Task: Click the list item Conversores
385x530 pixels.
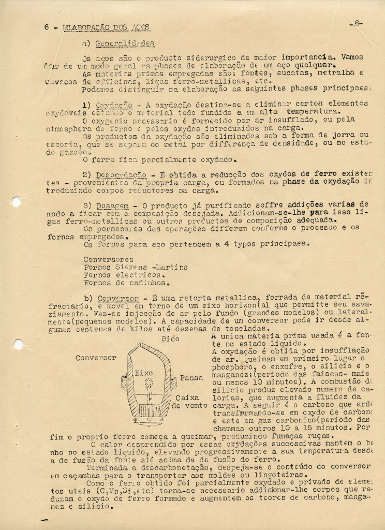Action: click(x=108, y=259)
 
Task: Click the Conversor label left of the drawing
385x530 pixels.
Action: click(x=96, y=358)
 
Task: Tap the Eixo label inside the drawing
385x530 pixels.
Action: click(x=143, y=373)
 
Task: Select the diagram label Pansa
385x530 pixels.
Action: click(x=191, y=378)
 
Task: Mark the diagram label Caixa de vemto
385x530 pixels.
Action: click(x=191, y=402)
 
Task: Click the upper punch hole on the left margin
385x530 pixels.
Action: click(x=16, y=202)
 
